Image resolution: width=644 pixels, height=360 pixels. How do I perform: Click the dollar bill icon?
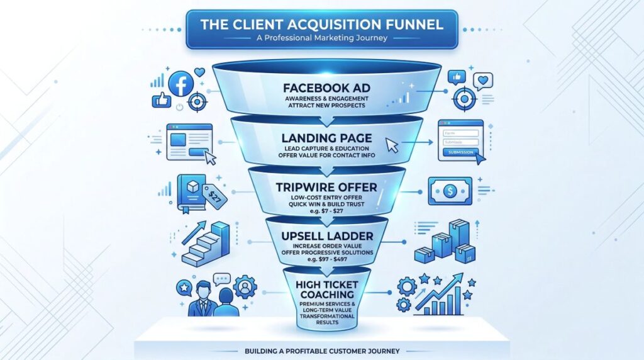pyautogui.click(x=450, y=191)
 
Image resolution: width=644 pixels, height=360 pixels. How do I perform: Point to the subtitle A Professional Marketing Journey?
pyautogui.click(x=322, y=38)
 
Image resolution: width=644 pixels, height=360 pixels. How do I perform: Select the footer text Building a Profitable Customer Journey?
pyautogui.click(x=322, y=350)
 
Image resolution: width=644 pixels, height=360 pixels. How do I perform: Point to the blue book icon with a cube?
pyautogui.click(x=191, y=190)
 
